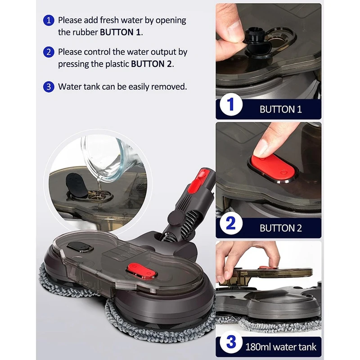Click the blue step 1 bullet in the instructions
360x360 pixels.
(x=49, y=20)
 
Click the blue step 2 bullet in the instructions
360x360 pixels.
(x=49, y=52)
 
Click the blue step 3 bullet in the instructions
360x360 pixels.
(x=49, y=87)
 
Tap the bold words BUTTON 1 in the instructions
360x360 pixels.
(x=120, y=32)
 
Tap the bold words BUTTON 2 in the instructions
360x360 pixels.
(x=151, y=63)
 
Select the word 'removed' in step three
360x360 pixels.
(x=168, y=87)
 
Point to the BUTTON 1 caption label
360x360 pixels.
(x=280, y=109)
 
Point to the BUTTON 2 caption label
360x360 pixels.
(x=280, y=228)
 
